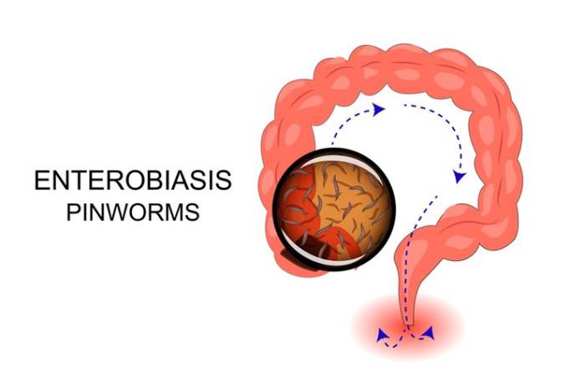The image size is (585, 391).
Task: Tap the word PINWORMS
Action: pyautogui.click(x=133, y=212)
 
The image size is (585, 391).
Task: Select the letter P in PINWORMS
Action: pyautogui.click(x=74, y=212)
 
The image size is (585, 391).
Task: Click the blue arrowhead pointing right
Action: pyautogui.click(x=380, y=109)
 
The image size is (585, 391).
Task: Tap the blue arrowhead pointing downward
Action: pyautogui.click(x=459, y=177)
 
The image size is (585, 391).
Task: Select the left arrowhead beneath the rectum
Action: pyautogui.click(x=383, y=335)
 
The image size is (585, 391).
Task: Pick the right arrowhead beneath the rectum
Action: pyautogui.click(x=430, y=332)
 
